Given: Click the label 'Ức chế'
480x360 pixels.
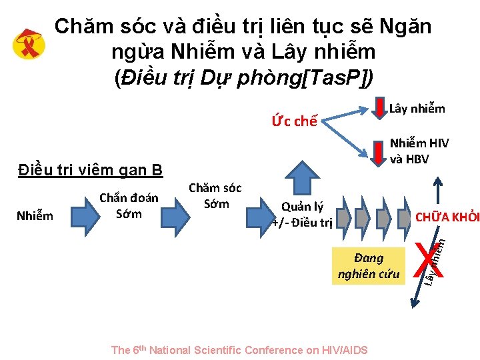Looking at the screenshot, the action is pyautogui.click(x=293, y=121).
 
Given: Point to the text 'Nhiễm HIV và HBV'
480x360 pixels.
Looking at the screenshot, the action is pyautogui.click(x=419, y=151).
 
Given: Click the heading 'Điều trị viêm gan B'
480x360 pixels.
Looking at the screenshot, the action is pyautogui.click(x=90, y=171).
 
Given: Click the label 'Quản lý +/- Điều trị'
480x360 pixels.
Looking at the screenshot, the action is pyautogui.click(x=302, y=215).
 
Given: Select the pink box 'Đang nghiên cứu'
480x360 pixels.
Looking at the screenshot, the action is pyautogui.click(x=369, y=265).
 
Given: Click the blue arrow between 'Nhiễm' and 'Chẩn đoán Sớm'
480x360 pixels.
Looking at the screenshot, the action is pyautogui.click(x=75, y=215).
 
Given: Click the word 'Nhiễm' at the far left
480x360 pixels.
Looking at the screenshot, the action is pyautogui.click(x=35, y=215).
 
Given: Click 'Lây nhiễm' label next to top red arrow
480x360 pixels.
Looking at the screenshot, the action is pyautogui.click(x=417, y=109).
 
